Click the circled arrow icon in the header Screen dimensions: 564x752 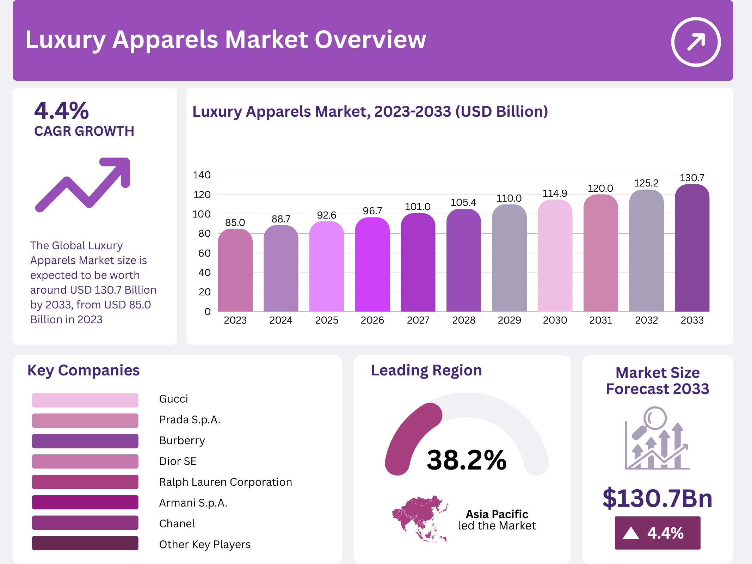pos(696,42)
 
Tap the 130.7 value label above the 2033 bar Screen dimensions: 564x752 pos(692,178)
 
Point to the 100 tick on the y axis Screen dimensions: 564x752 pos(202,214)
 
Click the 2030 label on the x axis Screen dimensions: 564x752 pos(555,320)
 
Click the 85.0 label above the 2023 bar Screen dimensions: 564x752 pos(235,222)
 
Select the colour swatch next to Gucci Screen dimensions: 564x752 pos(85,400)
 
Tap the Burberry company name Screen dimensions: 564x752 pos(182,440)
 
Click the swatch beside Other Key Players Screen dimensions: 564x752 pos(85,543)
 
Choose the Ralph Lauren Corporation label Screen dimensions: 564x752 pos(226,482)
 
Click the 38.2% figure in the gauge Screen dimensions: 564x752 pos(466,460)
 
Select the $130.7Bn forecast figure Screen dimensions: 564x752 pos(657,498)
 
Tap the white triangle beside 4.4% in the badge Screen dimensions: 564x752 pos(631,533)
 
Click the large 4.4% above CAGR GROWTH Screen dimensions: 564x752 pos(62,111)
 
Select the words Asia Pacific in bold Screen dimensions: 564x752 pos(497,514)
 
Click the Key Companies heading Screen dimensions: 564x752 pos(84,370)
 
